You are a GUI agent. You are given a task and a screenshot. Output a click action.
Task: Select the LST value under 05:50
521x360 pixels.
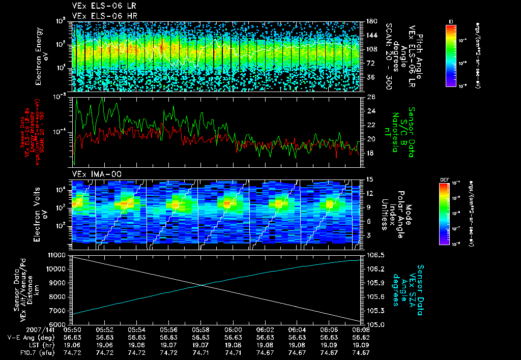coord(72,345)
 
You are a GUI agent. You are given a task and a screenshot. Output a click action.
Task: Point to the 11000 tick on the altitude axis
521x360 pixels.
coord(57,254)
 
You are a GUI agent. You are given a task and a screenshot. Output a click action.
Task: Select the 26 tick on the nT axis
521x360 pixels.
coord(370,97)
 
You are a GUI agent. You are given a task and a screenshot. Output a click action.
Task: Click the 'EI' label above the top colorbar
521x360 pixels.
coord(451,21)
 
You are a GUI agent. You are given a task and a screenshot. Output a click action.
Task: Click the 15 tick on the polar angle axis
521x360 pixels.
coord(370,179)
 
